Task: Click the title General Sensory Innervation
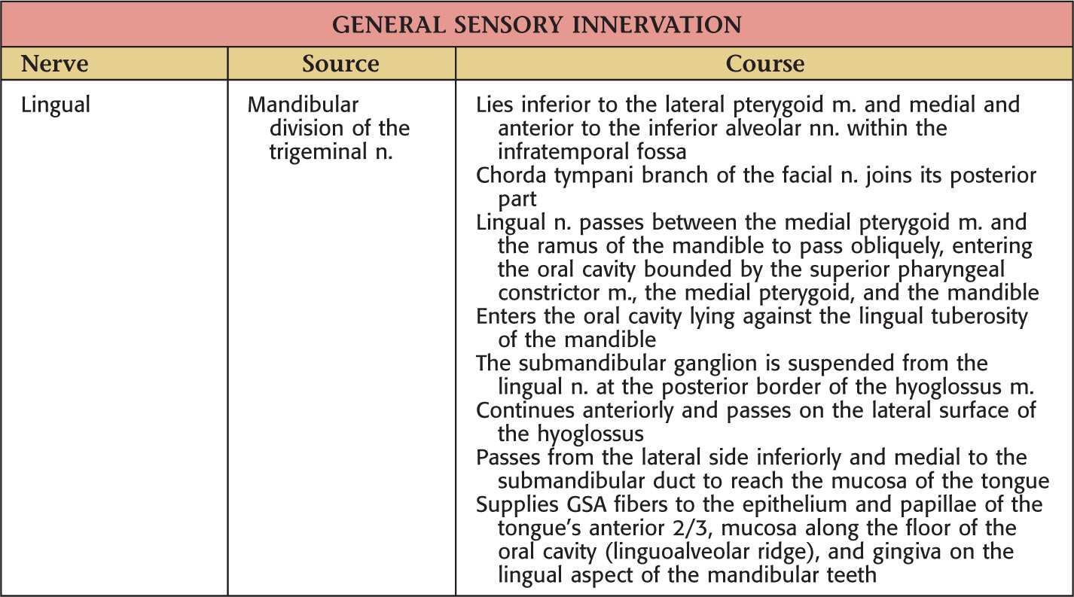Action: coord(536,24)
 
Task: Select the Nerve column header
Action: coord(53,64)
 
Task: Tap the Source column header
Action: coord(340,64)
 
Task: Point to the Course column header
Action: coord(764,64)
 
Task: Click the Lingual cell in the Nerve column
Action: coord(56,105)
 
